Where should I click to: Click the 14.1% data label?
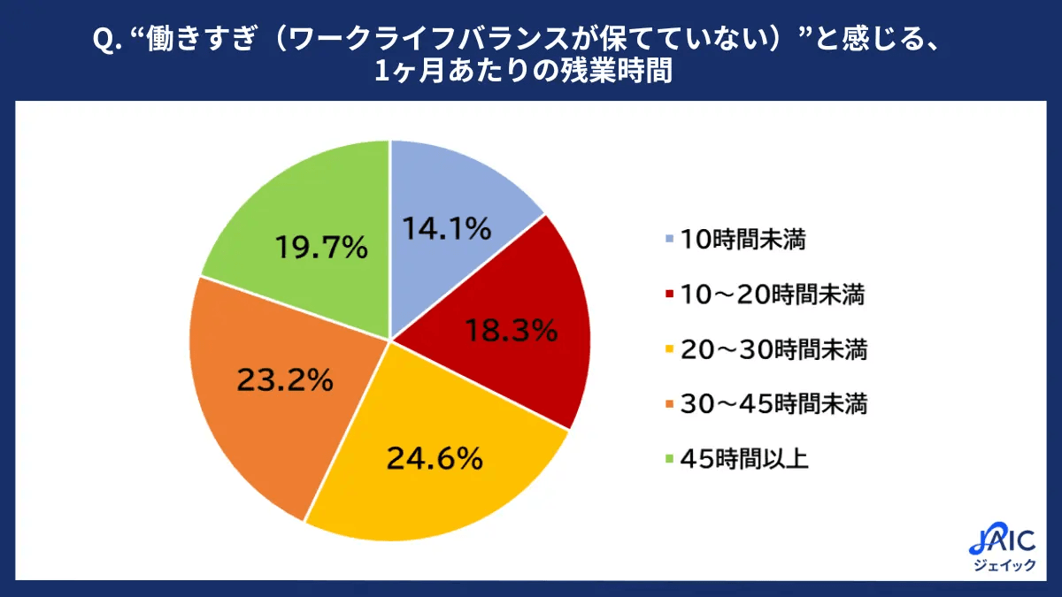point(447,229)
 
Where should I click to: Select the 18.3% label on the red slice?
point(512,331)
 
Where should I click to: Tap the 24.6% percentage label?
point(435,459)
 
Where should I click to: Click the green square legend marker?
point(667,460)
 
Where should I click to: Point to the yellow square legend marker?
point(667,351)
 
